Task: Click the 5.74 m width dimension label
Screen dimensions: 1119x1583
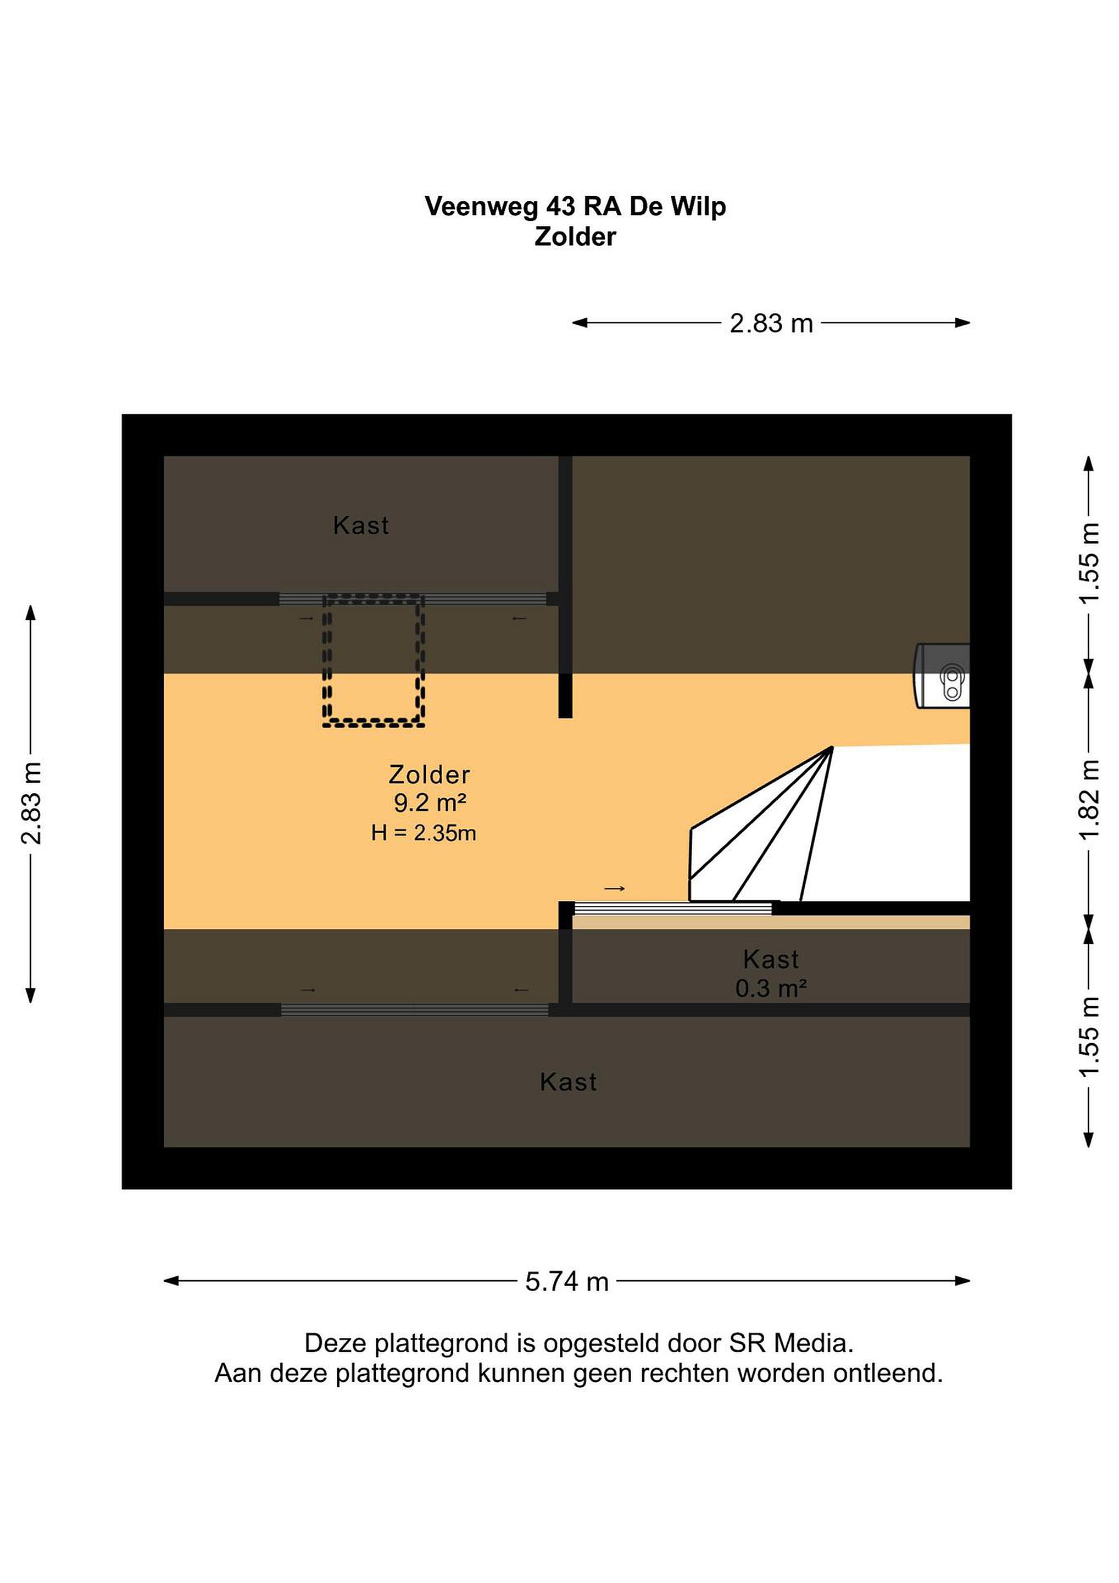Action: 567,1282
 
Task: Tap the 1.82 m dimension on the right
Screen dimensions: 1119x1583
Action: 1089,800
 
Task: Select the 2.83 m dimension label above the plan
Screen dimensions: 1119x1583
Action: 771,323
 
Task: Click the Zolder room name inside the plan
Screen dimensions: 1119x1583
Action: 429,775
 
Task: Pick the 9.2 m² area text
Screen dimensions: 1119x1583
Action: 430,802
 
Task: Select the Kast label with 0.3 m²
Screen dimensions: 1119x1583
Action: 771,959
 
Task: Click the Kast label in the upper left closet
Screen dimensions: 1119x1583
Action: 361,525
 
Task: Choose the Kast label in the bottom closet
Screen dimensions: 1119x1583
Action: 569,1082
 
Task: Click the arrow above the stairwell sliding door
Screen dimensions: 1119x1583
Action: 615,889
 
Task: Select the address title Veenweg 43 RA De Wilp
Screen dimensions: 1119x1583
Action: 575,206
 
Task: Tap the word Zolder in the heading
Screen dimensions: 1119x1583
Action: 575,236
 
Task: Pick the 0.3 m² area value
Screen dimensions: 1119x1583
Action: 771,989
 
